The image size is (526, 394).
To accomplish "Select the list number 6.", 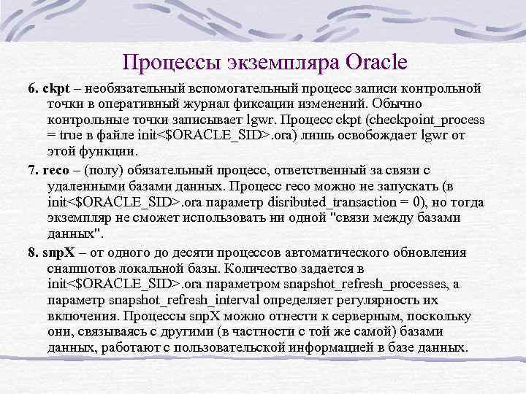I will tap(32, 88).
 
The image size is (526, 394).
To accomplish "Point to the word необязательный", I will tap(126, 88).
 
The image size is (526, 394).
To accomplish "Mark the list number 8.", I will tap(32, 252).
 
